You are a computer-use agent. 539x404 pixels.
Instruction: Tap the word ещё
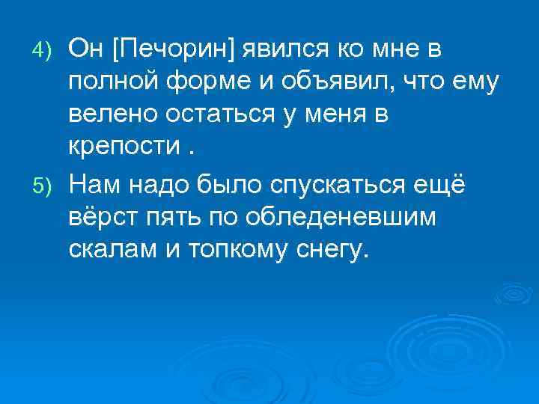440,185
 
